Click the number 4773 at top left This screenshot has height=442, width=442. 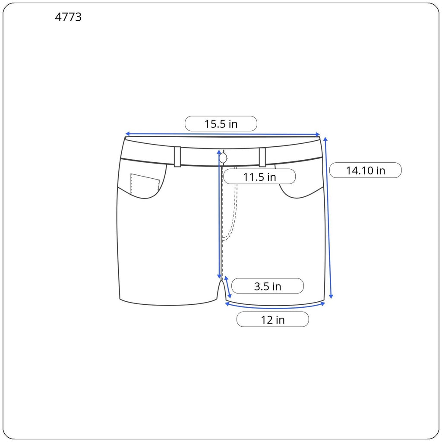click(68, 18)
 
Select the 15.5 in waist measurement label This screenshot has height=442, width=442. click(221, 124)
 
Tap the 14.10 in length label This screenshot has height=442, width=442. click(365, 170)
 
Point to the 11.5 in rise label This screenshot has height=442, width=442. click(259, 177)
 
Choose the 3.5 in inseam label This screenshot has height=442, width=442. click(268, 286)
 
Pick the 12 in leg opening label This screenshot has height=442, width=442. click(273, 320)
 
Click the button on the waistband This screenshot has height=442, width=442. click(223, 158)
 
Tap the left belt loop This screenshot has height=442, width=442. click(177, 157)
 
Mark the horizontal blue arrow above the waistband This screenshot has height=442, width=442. click(223, 134)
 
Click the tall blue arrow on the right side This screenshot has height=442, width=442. click(328, 218)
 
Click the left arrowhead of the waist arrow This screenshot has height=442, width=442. click(127, 134)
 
